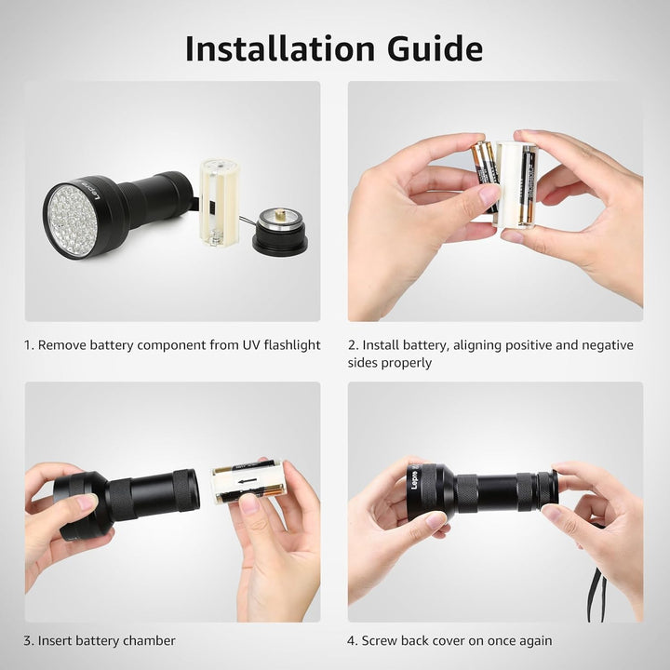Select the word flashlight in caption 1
(286, 345)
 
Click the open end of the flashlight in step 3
(186, 490)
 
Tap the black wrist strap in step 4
(596, 586)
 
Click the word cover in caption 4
(452, 640)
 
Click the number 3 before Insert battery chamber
(28, 640)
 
